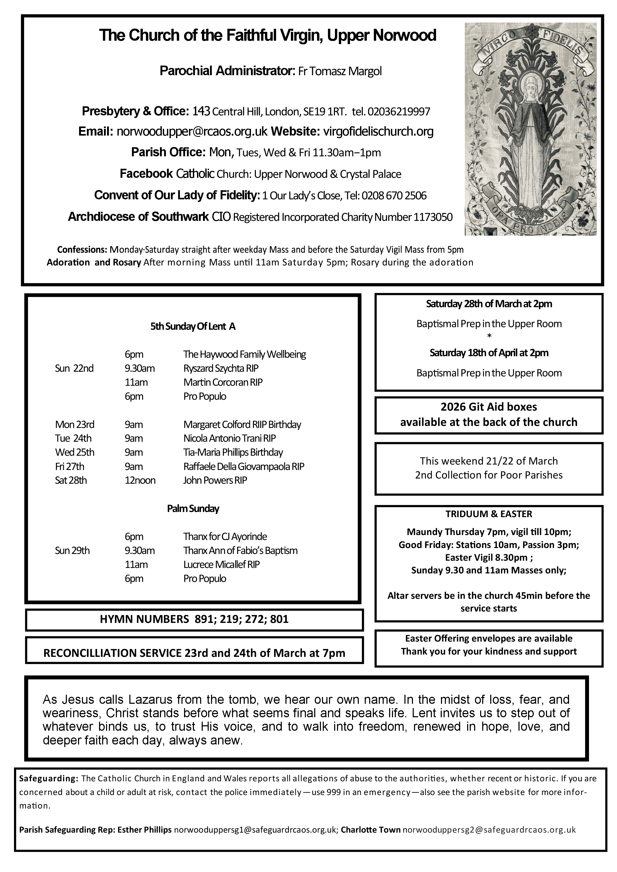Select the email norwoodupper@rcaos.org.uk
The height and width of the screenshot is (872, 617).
[x=192, y=132]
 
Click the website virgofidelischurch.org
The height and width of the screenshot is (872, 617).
[x=378, y=132]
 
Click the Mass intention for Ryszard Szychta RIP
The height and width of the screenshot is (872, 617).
[x=221, y=368]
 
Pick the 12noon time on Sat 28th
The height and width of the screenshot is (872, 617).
[x=140, y=480]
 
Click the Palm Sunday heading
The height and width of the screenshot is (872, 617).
[x=193, y=509]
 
